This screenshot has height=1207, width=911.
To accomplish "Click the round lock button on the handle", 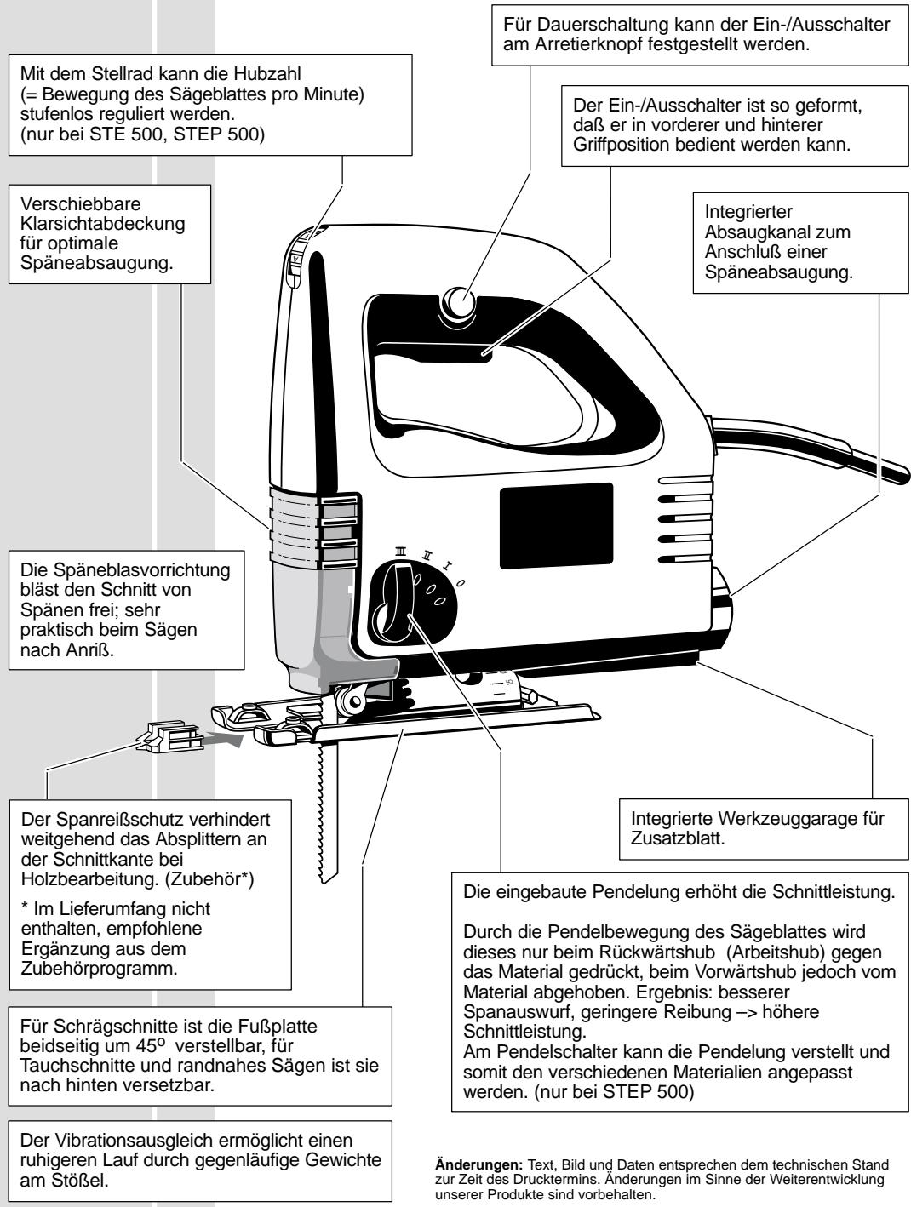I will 459,303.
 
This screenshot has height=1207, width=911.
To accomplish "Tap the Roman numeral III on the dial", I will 399,553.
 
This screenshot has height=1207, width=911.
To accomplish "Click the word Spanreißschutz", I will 97,819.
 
